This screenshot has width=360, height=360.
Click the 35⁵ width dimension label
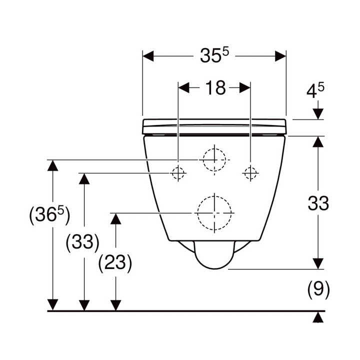pos(214,55)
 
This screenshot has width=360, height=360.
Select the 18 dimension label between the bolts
pos(215,87)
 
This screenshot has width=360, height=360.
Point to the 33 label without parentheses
pos(318,203)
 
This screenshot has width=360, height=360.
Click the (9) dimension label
pos(318,289)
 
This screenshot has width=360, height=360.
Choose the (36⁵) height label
pos(49,215)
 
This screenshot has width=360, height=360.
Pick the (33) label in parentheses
pos(82,242)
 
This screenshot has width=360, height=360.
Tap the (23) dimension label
pos(115,263)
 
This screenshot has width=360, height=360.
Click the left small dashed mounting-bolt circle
pos(178,173)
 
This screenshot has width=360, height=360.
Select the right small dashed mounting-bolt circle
pos(250,173)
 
